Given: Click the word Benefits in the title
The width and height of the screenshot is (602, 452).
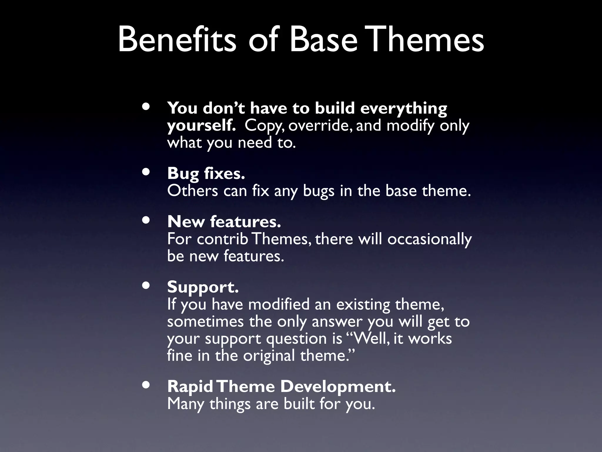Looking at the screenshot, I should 177,40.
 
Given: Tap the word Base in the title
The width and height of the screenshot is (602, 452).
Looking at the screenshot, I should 323,40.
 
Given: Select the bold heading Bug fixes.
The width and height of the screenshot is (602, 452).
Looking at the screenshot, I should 206,174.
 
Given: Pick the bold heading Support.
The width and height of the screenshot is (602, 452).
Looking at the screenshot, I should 203,287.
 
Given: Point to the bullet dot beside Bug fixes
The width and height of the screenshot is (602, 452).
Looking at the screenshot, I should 146,172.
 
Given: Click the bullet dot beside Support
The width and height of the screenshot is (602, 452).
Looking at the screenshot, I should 146,285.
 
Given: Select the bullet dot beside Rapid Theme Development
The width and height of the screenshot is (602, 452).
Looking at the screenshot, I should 146,385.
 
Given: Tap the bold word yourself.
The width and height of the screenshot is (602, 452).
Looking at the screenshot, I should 201,126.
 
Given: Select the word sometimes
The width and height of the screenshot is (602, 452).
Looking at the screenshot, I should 205,321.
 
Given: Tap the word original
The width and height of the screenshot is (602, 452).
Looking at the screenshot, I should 269,356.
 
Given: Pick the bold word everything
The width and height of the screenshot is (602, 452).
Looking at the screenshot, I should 403,109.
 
